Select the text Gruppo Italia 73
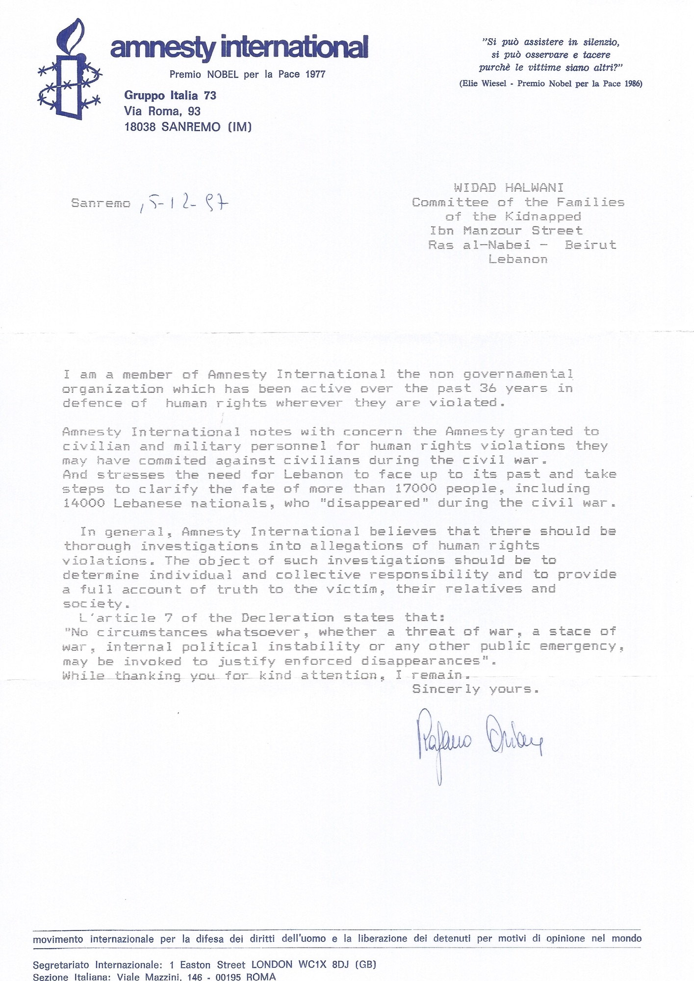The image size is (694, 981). click(x=170, y=95)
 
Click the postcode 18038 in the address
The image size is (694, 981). click(x=140, y=127)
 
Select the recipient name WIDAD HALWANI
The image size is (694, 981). click(x=508, y=187)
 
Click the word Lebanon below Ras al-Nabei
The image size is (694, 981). click(x=517, y=259)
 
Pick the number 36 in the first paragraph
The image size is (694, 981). click(x=488, y=388)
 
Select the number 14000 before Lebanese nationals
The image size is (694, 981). click(x=84, y=503)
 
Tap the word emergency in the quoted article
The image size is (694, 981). click(x=582, y=646)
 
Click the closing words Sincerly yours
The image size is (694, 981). click(x=475, y=689)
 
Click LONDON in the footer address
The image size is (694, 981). click(x=272, y=964)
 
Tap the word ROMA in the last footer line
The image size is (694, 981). click(x=261, y=977)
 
